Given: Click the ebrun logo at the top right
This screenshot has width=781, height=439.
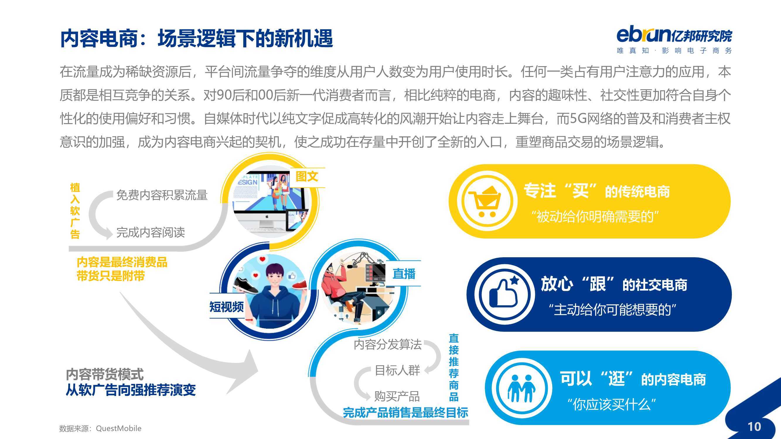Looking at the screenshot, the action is click(x=674, y=41).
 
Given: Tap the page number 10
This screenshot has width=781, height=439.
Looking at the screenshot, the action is click(x=754, y=427).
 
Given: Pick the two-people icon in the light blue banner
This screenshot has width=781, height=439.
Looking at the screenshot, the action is click(x=521, y=388).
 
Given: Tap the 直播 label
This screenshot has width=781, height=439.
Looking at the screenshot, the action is click(x=404, y=274).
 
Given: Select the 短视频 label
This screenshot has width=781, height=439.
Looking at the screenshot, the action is click(x=226, y=307).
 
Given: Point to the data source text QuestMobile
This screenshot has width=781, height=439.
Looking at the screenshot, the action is click(x=119, y=428).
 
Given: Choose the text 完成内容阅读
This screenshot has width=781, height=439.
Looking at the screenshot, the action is click(x=151, y=232).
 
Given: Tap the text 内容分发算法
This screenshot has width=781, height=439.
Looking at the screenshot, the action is click(x=388, y=344).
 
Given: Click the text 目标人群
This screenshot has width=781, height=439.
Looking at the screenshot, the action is click(x=398, y=370).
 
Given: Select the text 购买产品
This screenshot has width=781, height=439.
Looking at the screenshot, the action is click(x=397, y=396).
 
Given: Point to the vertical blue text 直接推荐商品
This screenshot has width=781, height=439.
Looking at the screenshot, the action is click(x=453, y=367).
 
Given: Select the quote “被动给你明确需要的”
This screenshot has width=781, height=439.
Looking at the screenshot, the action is click(x=595, y=216).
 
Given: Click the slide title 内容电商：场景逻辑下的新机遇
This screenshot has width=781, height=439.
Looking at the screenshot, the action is click(x=197, y=38).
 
